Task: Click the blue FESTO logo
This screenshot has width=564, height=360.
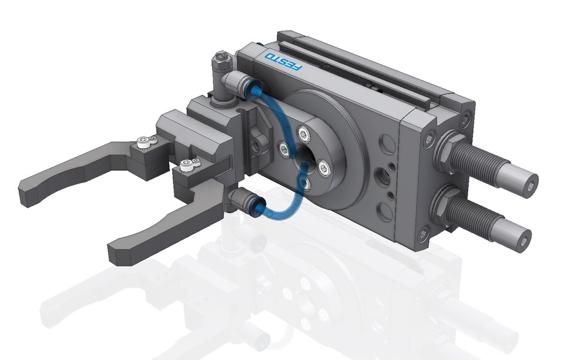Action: [x=283, y=62]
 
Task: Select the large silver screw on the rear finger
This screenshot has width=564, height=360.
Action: [x=142, y=141]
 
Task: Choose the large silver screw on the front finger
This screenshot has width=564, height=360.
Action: [x=186, y=166]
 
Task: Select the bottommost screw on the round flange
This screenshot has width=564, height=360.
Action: [x=305, y=184]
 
